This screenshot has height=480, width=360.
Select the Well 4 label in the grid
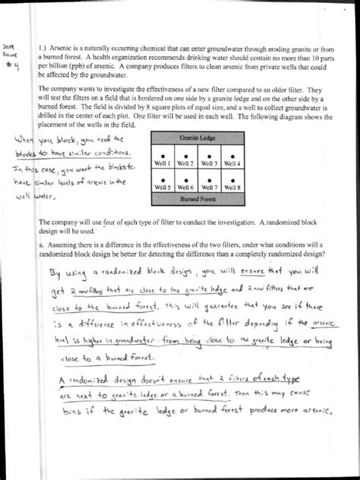pos(233,163)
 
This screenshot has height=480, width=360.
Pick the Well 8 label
pos(233,187)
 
